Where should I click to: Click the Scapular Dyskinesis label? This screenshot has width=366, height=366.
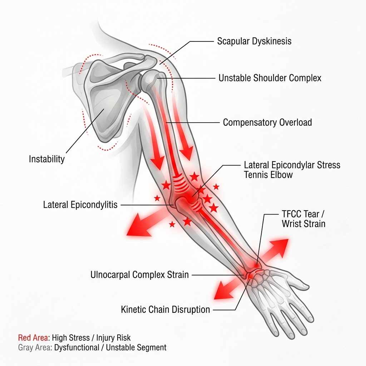point(254,41)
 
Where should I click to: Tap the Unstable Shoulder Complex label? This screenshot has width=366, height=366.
point(270,78)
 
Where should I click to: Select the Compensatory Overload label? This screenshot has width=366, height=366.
point(267,123)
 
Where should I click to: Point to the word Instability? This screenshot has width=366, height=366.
point(47,159)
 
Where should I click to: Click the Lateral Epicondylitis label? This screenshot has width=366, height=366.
point(80,205)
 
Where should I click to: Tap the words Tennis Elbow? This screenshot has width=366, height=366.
point(268,175)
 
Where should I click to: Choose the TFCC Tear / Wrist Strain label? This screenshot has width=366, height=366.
point(303,219)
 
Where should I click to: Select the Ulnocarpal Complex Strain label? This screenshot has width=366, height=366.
point(140,275)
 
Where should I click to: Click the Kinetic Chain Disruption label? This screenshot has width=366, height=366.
point(165,310)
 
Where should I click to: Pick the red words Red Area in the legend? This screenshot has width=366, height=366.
point(33,338)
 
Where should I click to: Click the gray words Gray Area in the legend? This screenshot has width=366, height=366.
point(35,347)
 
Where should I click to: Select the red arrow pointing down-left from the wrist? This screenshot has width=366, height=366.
point(228,288)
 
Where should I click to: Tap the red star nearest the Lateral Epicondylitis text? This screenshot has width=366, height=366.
point(157,198)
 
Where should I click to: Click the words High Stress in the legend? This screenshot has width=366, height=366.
point(71,338)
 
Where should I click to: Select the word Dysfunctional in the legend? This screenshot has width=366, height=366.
point(77,347)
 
